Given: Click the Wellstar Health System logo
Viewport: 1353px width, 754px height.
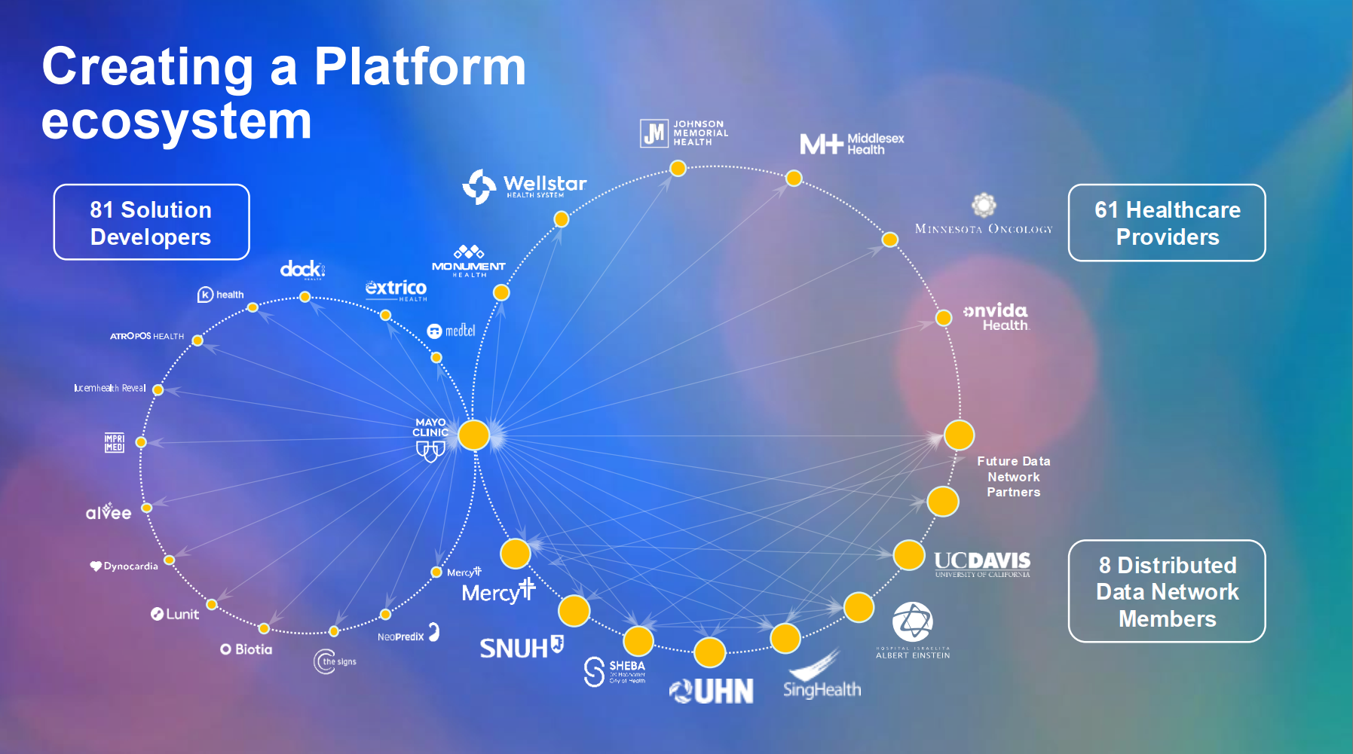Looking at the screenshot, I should pyautogui.click(x=525, y=185).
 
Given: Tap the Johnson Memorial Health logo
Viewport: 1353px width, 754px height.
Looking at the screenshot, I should pyautogui.click(x=684, y=133).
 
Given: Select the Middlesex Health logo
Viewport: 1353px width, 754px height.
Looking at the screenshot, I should pyautogui.click(x=852, y=143).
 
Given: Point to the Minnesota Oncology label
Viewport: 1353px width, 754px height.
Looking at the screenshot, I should pyautogui.click(x=983, y=228).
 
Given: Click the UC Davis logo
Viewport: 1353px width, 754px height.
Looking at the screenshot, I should pyautogui.click(x=981, y=563).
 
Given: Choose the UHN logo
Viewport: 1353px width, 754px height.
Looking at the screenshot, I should pyautogui.click(x=712, y=691).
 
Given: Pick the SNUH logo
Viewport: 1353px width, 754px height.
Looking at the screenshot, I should pyautogui.click(x=521, y=647).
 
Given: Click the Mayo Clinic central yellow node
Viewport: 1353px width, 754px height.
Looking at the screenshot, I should pyautogui.click(x=474, y=435).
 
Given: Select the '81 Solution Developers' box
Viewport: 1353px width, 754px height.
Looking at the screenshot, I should pyautogui.click(x=152, y=222).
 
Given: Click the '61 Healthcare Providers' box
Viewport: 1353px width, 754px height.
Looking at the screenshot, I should pyautogui.click(x=1167, y=223).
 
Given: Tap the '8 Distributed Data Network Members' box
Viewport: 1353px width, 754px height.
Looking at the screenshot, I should pyautogui.click(x=1167, y=591).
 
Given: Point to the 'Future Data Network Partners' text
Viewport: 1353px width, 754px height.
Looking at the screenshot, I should pyautogui.click(x=1013, y=476).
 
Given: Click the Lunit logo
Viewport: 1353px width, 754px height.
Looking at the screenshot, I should pyautogui.click(x=175, y=614).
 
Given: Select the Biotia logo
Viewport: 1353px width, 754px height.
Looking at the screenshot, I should pyautogui.click(x=246, y=649).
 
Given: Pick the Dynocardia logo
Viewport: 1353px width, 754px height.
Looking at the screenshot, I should pyautogui.click(x=124, y=566).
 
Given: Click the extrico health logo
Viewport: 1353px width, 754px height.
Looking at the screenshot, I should pyautogui.click(x=396, y=289).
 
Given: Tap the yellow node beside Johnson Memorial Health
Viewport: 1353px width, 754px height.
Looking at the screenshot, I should pyautogui.click(x=678, y=168).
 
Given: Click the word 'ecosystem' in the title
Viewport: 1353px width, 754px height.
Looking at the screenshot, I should pyautogui.click(x=176, y=121).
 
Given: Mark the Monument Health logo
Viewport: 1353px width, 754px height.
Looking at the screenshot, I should pyautogui.click(x=469, y=261).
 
